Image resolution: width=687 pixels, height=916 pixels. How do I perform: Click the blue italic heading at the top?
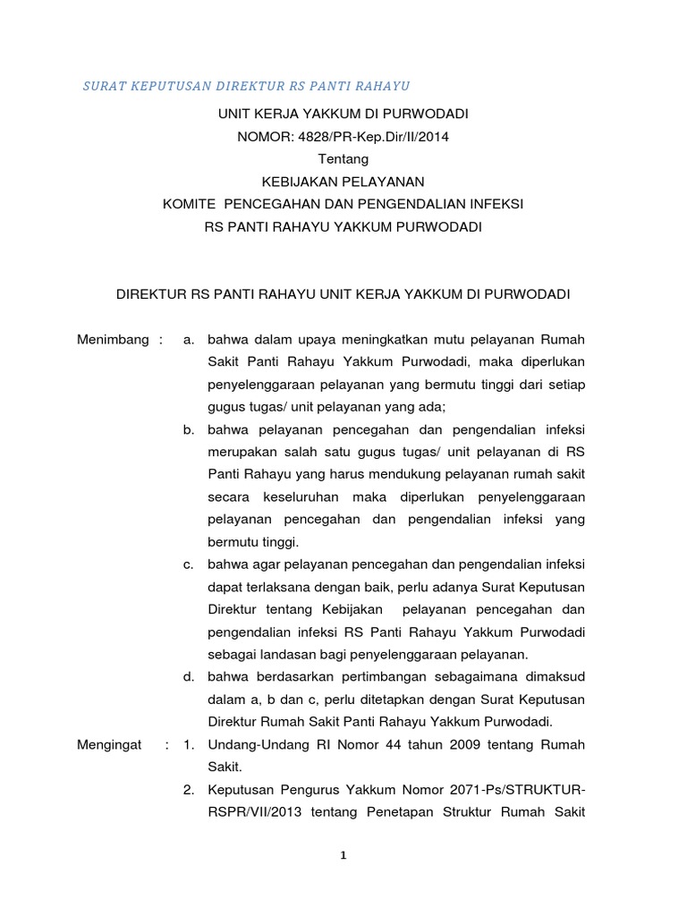246,86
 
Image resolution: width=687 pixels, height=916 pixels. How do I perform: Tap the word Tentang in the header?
343,158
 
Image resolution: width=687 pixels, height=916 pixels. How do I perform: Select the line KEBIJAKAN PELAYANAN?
343,182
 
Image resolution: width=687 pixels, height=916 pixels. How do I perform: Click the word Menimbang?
113,340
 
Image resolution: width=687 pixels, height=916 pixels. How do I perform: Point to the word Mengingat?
110,745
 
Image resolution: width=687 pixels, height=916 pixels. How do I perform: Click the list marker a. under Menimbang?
189,340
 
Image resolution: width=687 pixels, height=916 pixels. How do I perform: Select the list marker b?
189,429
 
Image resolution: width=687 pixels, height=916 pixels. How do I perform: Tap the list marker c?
189,564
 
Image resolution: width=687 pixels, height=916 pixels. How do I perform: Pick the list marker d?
189,677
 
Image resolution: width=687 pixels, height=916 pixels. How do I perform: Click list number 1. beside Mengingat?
189,745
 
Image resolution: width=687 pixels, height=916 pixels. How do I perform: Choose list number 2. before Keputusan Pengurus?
189,790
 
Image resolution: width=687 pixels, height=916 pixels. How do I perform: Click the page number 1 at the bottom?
343,855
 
